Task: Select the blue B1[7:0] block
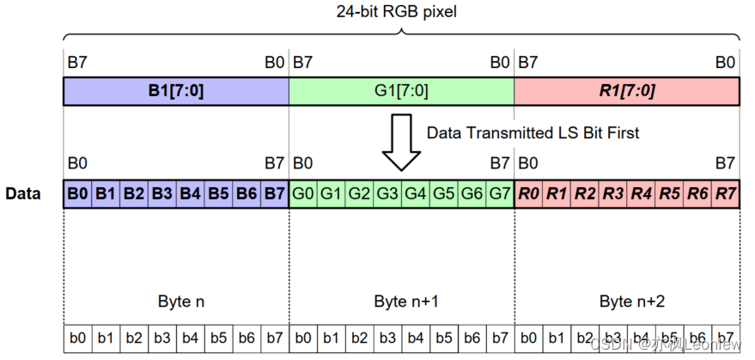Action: [175, 91]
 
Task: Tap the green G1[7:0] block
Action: [401, 91]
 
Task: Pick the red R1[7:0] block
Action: [626, 91]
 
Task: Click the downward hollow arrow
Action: [401, 143]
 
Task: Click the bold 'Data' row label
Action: [23, 193]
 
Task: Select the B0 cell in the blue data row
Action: [78, 193]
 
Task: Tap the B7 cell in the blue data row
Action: [274, 193]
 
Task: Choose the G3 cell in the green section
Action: [387, 193]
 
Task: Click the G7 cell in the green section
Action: [500, 193]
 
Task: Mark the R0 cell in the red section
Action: [528, 193]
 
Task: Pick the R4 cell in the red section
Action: [641, 193]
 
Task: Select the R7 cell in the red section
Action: [725, 193]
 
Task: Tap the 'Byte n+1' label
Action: [402, 302]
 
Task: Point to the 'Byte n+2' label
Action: [627, 302]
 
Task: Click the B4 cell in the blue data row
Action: [190, 193]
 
